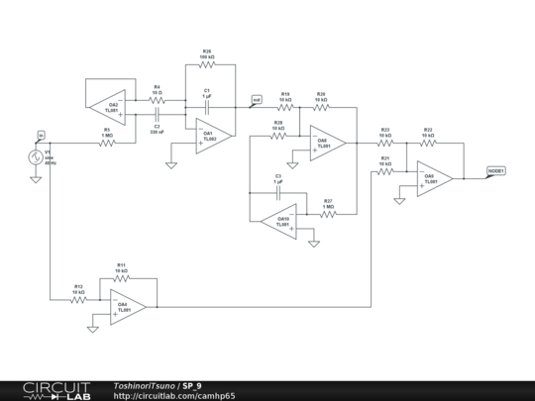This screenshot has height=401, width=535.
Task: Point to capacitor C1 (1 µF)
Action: [207, 104]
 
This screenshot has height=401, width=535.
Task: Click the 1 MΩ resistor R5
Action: [107, 143]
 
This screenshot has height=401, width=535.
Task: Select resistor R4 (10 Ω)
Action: [157, 100]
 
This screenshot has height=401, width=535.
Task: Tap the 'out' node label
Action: [256, 100]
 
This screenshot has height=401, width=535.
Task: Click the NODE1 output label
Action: [496, 170]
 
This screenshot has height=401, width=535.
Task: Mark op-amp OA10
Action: [281, 223]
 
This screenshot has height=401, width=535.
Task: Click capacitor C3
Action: [278, 192]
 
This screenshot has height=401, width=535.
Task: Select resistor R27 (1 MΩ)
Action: [328, 214]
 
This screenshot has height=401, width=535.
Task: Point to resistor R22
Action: [428, 144]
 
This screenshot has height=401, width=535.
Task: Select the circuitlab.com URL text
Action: [174, 395]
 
